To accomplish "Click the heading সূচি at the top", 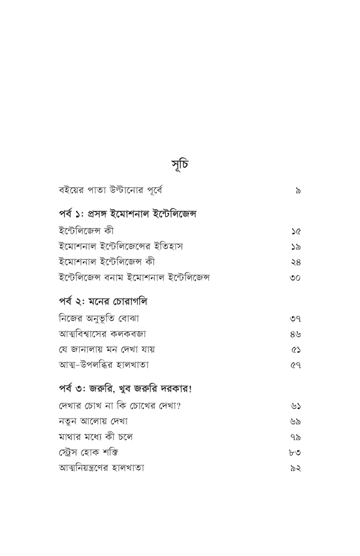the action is pos(180,164).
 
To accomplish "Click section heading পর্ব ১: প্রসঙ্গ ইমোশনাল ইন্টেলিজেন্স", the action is pos(128,214).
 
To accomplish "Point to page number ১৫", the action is pos(296,231).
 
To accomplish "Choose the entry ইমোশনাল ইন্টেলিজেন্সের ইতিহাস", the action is pos(121,246).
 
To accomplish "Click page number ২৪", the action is pos(296,262).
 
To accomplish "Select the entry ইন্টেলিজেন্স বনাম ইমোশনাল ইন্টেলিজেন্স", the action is pos(134,278).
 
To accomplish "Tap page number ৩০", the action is pos(296,278).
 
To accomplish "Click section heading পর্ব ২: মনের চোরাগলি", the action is pos(103,301).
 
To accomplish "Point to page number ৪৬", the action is pos(296,334).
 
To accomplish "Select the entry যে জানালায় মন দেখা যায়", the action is pos(103,349).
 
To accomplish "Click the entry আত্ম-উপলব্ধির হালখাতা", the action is pos(104,365).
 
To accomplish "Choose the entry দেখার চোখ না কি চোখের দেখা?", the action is pos(119,405).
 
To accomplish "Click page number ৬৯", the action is pos(296,421).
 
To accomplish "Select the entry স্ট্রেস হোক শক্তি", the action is pos(89,452).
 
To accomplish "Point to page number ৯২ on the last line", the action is pos(296,467).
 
